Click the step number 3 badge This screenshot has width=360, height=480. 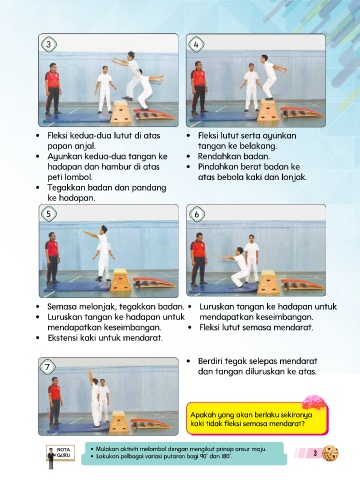49,44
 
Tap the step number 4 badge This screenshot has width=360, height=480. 196,44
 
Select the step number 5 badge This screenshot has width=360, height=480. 49,214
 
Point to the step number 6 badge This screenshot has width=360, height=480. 196,214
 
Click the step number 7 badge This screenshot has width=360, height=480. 48,367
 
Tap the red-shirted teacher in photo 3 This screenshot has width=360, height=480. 52,89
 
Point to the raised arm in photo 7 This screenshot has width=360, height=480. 90,377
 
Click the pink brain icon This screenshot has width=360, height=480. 313,402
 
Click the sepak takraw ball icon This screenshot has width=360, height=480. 330,453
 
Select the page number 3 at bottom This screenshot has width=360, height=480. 315,453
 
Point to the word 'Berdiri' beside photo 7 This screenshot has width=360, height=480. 210,361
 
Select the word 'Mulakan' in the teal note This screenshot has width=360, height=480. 107,449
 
